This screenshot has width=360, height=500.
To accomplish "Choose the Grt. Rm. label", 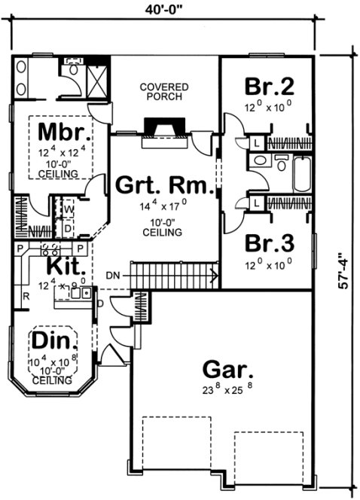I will pyautogui.click(x=162, y=184).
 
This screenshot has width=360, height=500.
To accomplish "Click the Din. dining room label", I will pyautogui.click(x=51, y=340).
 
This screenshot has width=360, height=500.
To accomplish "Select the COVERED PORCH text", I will pyautogui.click(x=163, y=93).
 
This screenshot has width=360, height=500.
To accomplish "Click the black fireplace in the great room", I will pyautogui.click(x=163, y=127).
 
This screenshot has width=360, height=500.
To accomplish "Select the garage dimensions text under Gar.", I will pyautogui.click(x=227, y=389).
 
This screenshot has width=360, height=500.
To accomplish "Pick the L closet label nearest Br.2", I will pyautogui.click(x=257, y=142).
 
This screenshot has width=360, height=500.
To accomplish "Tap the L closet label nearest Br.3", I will pyautogui.click(x=257, y=203).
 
